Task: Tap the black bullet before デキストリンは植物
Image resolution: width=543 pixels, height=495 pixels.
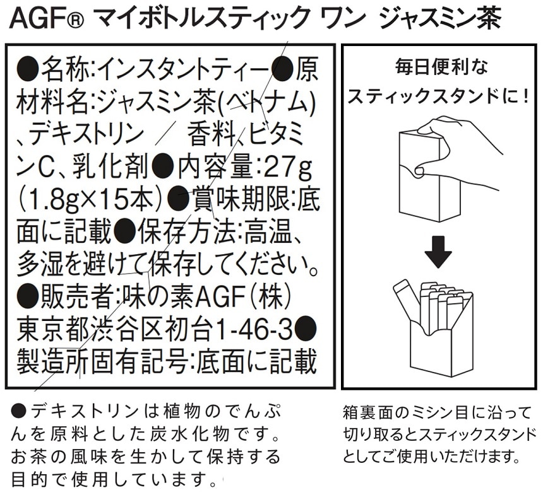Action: point(18,411)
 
